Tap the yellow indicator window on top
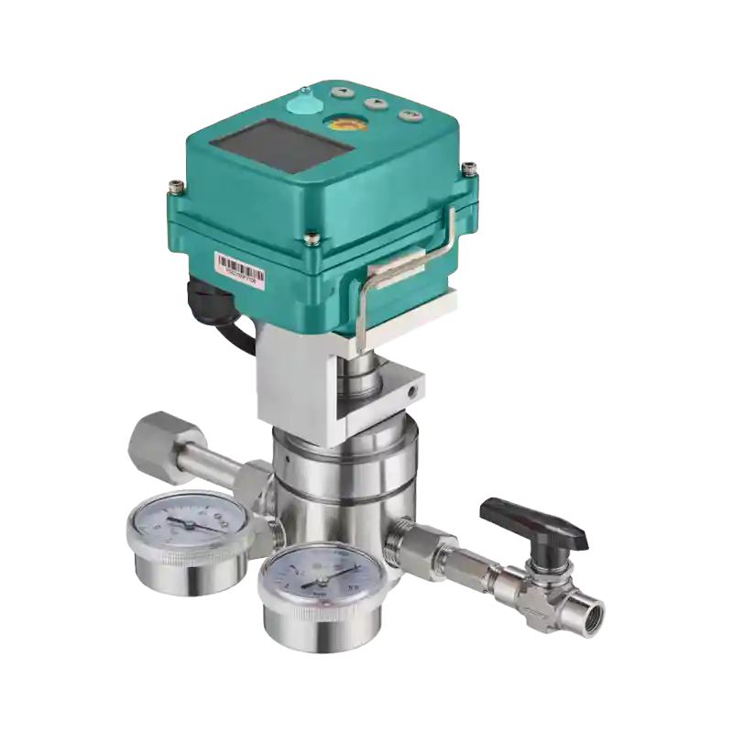[x=345, y=125]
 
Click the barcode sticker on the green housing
[x=239, y=267]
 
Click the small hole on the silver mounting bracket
[x=411, y=391]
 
